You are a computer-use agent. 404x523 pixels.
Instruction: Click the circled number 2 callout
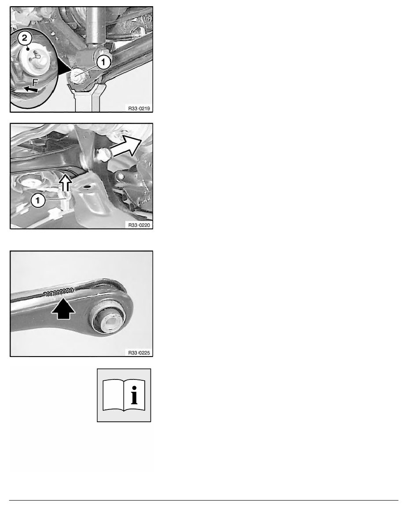point(25,38)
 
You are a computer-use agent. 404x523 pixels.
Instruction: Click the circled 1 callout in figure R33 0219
point(103,62)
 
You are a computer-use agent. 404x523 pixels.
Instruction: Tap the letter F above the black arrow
point(35,82)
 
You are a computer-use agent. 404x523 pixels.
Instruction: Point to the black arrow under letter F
point(30,89)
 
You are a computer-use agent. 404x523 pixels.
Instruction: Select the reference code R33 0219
point(139,108)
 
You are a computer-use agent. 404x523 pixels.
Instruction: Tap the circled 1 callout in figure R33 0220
point(38,200)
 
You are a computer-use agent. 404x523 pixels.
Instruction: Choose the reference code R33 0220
point(139,225)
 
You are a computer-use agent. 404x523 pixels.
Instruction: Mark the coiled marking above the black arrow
point(59,292)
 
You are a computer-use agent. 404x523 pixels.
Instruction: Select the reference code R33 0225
point(139,353)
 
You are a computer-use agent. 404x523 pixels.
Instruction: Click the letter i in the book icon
point(134,395)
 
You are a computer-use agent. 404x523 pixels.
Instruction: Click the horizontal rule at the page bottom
point(204,500)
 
